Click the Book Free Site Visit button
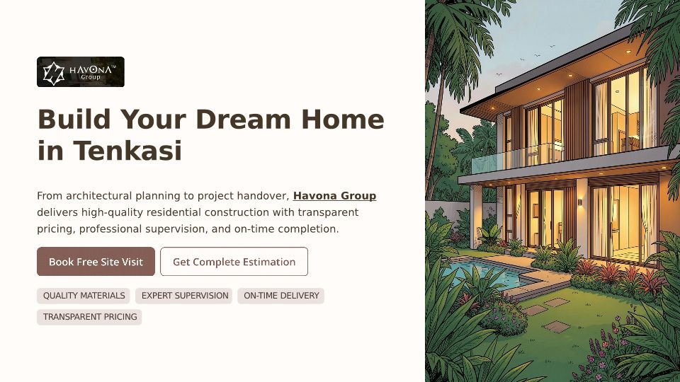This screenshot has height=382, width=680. coord(96,262)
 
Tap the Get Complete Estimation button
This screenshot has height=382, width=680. coord(234,262)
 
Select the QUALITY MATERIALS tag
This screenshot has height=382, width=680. coord(84,296)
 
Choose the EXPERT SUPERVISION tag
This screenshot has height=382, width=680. coord(185,296)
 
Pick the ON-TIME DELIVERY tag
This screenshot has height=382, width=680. coord(281,296)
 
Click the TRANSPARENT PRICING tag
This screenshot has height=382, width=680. coord(90,317)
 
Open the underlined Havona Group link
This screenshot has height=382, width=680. coord(335,196)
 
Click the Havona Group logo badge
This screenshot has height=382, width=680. coord(81,72)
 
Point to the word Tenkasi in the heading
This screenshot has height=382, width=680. coord(127,151)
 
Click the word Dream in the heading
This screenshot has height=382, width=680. coord(243,119)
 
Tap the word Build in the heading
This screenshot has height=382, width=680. coord(74,119)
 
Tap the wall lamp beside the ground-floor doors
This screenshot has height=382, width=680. coord(580,202)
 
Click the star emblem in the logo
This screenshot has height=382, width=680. coord(54,73)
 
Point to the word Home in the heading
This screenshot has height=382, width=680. coord(343,119)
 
